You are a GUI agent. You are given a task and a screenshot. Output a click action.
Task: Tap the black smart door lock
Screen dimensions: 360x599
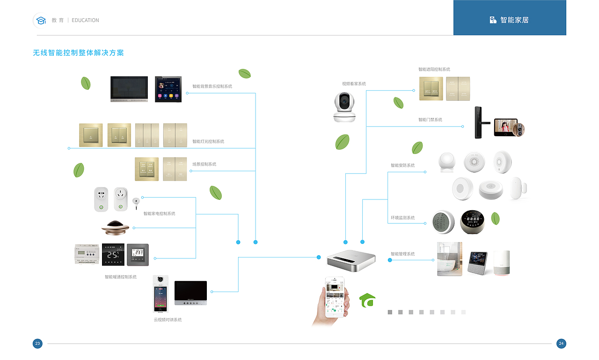coord(478,122)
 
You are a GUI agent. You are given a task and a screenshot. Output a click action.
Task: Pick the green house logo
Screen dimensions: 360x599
coord(367,300)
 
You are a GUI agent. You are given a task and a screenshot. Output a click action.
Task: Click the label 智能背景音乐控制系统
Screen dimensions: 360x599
coord(212,87)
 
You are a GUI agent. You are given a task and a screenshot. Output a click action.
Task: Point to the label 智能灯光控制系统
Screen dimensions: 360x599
coord(208,141)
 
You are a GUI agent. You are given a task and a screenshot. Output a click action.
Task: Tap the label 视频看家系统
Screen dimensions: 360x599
coord(354,84)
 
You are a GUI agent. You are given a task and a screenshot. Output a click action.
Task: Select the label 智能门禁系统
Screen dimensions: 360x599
coord(430,120)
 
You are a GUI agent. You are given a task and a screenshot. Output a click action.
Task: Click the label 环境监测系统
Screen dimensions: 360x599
coord(402,218)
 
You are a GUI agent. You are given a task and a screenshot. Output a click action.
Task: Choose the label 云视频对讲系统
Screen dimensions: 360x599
coord(168,320)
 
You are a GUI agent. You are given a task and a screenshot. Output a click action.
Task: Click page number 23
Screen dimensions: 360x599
coord(38,344)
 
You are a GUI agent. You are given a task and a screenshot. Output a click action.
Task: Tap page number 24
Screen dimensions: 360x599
coord(562,344)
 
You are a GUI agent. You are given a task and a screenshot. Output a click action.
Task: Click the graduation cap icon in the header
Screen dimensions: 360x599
coord(41,21)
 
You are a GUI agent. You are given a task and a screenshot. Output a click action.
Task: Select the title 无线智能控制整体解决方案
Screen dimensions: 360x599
coord(78,53)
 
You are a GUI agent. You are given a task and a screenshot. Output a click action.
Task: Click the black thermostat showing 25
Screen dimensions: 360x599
coord(113,255)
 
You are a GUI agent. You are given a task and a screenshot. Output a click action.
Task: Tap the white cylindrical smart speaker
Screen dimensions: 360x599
coord(501,263)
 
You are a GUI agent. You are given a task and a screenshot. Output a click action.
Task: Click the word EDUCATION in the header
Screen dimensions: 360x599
coord(85,21)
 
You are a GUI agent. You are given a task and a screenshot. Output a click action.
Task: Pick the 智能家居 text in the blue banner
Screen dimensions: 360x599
coord(514,20)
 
